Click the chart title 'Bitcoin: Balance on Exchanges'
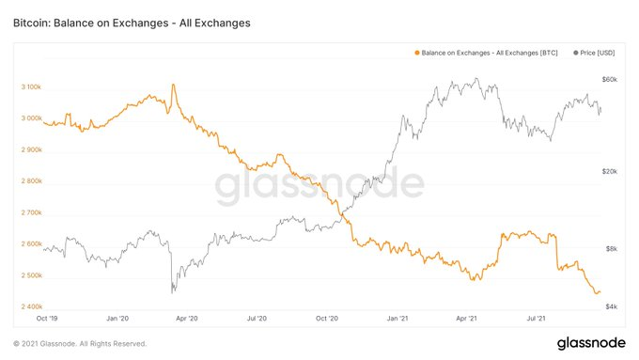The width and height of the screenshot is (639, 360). point(91,23)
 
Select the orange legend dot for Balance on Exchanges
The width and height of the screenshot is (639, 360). point(417,53)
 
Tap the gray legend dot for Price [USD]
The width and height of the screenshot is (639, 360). point(575,53)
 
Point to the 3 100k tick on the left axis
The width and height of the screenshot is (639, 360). point(31,86)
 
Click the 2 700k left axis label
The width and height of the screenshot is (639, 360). point(31,212)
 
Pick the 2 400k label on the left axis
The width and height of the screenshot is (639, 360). point(31,306)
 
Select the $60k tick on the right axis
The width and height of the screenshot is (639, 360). point(610,79)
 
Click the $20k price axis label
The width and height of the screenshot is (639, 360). point(610,171)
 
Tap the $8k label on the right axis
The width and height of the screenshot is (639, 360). point(612,248)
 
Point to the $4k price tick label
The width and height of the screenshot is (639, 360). point(612,306)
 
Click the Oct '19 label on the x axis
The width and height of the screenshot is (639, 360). point(47,318)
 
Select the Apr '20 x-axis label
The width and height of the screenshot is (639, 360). point(187,318)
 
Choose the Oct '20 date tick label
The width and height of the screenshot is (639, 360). point(327,318)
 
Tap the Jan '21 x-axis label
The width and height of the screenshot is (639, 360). point(397,318)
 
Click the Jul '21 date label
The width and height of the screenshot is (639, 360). point(536,318)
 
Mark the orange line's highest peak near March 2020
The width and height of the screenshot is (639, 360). point(173,85)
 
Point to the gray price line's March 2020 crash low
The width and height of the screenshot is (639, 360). point(172,292)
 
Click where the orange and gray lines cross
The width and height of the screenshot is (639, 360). point(342,213)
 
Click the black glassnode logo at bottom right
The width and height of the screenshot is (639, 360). point(591,343)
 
